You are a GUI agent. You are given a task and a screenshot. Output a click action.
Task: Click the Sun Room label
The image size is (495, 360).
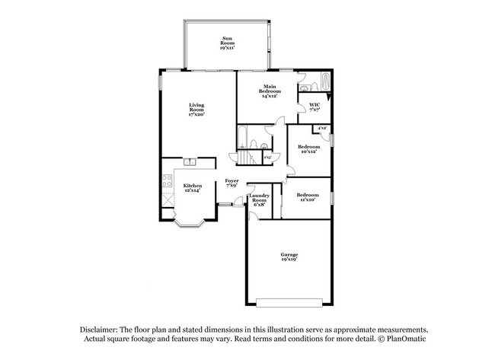227,40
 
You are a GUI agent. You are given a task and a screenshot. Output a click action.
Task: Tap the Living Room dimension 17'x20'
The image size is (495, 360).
196,113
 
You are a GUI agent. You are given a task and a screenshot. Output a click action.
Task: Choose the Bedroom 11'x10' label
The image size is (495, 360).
308,196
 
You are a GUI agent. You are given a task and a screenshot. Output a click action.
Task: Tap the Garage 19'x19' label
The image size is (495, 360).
289,256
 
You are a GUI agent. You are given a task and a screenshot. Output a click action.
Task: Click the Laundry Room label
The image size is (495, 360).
260,199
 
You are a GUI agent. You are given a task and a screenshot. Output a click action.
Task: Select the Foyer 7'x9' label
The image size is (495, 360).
232,183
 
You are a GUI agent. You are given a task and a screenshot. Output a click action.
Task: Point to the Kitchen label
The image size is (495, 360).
193,187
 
